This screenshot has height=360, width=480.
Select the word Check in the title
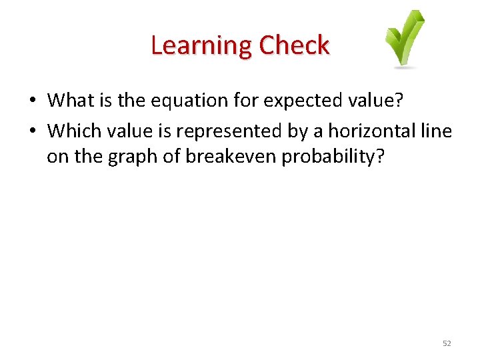tap(294, 45)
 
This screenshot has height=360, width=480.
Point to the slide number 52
tap(447, 343)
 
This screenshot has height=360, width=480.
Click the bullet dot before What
tap(32, 101)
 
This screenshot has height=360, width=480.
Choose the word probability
tap(317, 157)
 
